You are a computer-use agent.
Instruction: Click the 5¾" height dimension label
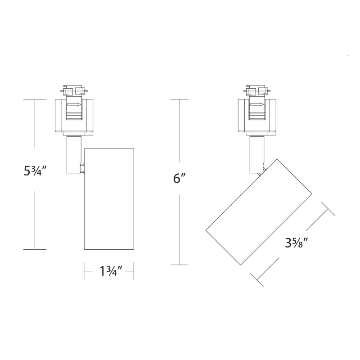[x=36, y=171]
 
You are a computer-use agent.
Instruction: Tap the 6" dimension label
[x=179, y=178]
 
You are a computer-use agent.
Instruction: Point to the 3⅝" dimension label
[x=296, y=243]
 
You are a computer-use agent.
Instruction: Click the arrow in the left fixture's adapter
[x=74, y=104]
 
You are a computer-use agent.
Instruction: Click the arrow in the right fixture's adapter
[x=257, y=104]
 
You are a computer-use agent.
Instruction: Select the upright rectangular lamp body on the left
[x=109, y=199]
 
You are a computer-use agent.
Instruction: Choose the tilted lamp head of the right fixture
[x=259, y=212]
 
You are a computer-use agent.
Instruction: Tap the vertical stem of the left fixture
[x=73, y=154]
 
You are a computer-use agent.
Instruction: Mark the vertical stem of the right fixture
[x=256, y=154]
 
